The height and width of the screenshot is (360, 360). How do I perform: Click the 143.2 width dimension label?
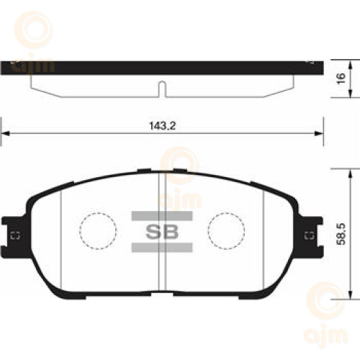coord(162,126)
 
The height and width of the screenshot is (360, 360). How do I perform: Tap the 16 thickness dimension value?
coord(341,78)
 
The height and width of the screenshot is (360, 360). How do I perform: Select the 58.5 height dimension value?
coord(341,234)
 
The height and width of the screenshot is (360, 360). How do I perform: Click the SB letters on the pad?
coord(162,232)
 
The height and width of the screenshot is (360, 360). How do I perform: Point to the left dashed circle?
coord(98,230)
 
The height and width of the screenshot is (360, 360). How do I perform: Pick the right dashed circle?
coord(226,230)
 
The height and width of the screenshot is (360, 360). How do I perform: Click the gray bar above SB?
coord(162,216)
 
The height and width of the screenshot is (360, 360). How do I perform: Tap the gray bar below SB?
coord(162,248)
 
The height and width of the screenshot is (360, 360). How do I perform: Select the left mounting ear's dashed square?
coord(15,235)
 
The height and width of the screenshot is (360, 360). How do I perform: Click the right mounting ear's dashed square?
coord(309,235)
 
